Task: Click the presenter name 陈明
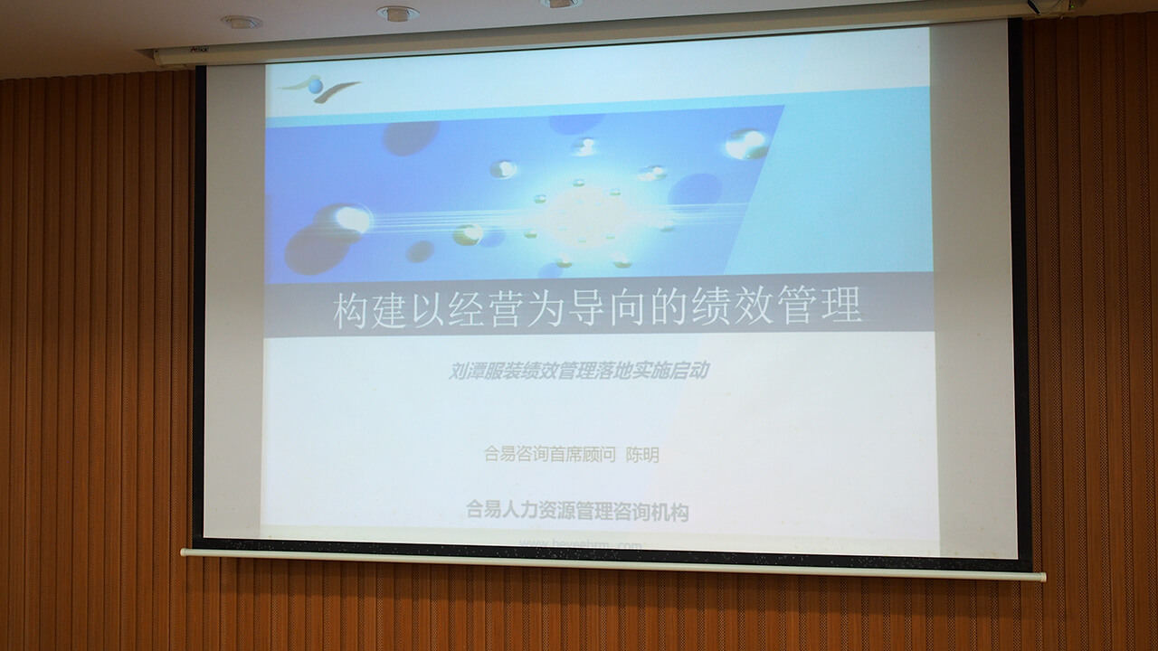[x=642, y=455]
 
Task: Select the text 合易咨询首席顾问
[x=550, y=455]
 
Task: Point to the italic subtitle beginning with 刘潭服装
[x=579, y=371]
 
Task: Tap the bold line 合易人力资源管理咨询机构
[x=577, y=512]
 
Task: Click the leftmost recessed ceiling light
[x=241, y=22]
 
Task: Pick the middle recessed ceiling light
[x=398, y=14]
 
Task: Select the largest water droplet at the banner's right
[x=746, y=144]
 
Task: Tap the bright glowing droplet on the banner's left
[x=351, y=219]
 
